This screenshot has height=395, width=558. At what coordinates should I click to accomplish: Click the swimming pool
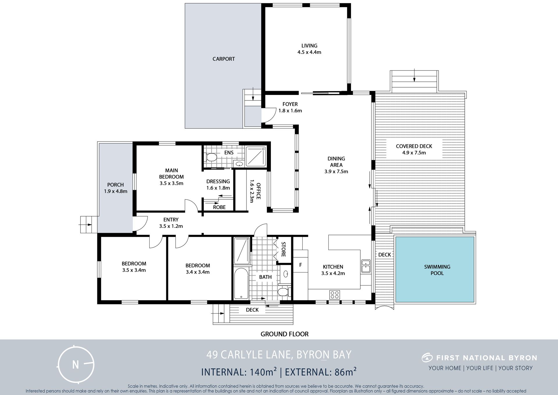435,270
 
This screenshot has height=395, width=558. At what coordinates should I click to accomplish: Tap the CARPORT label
223,59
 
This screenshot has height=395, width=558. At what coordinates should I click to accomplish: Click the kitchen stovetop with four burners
335,294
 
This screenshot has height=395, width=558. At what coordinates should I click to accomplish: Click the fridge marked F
301,265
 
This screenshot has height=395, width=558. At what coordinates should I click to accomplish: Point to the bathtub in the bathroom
241,284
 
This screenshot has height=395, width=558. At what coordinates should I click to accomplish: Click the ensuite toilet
211,157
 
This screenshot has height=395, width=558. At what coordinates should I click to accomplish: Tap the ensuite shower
256,156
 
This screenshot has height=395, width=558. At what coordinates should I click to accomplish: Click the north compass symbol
76,364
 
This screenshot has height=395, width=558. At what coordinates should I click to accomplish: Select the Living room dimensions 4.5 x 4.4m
309,52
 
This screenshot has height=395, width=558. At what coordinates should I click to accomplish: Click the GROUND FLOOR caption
285,334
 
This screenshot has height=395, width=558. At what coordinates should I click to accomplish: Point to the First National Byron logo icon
427,357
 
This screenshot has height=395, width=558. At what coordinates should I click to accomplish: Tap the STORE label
283,249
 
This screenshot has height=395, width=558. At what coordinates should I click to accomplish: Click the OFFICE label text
258,191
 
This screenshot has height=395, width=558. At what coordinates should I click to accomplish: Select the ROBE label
219,207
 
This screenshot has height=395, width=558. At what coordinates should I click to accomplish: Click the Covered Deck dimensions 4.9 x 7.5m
414,153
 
